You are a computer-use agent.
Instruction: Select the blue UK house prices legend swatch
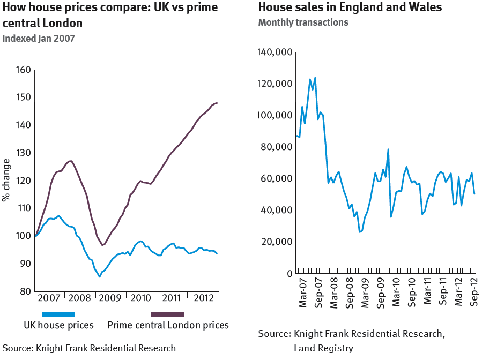(x=58, y=314)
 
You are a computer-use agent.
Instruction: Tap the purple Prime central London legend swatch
(x=168, y=314)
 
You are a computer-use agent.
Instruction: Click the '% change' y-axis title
(x=6, y=180)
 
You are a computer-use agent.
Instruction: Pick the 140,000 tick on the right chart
(x=275, y=52)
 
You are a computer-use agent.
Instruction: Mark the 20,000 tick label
(x=277, y=242)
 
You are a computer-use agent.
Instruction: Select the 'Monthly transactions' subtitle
(x=303, y=22)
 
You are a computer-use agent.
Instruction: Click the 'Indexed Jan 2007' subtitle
(x=39, y=38)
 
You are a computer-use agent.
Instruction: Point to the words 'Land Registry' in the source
(x=323, y=348)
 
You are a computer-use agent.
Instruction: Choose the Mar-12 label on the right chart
(x=459, y=292)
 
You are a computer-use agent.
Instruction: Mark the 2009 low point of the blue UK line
(x=99, y=276)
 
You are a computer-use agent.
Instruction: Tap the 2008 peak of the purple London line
(x=71, y=161)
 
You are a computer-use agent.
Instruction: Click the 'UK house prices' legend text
(x=58, y=325)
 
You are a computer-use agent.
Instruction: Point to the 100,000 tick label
(x=275, y=115)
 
